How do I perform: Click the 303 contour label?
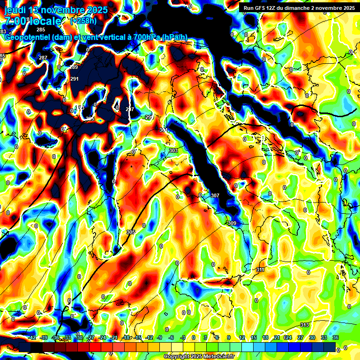coord(173,150)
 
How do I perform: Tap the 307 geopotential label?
coord(215,195)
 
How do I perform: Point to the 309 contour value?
coord(232,223)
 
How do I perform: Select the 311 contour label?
coord(261,270)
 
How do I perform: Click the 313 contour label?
coord(304,325)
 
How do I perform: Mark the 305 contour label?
coord(131,232)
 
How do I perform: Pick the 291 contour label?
coord(75,79)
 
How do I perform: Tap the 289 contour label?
coord(74,67)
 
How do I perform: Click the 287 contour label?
coord(43,58)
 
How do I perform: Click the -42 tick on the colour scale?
coord(32,337)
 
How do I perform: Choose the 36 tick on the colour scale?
coord(335,337)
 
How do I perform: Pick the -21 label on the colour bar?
coord(114,337)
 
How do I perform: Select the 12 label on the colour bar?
coord(242,337)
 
